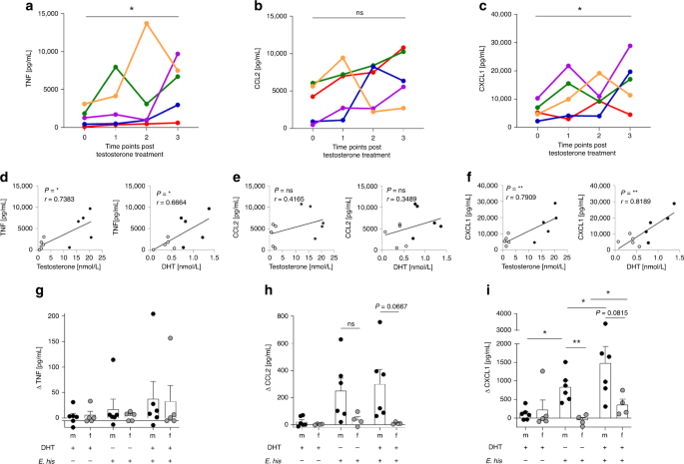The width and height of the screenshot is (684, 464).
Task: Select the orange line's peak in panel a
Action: tap(147, 23)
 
